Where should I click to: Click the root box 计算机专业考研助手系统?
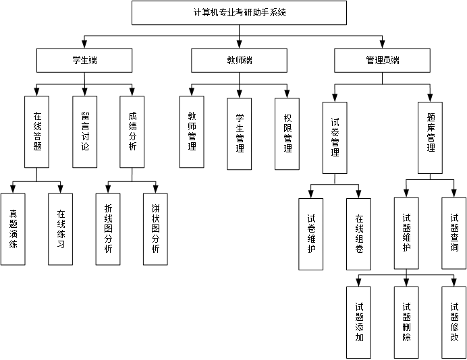point(239,13)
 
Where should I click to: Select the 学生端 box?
point(84,61)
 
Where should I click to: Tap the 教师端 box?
point(240,61)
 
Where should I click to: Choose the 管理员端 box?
point(382,61)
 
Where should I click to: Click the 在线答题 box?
point(37,131)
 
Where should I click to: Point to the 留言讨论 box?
point(85,131)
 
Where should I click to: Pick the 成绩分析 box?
point(132,131)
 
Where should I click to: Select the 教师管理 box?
point(192,131)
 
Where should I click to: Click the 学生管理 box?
point(240,133)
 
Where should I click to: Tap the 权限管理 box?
point(287,133)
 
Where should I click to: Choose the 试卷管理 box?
point(335,138)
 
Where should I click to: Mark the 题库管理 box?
point(431,138)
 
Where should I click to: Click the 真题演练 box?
point(13,229)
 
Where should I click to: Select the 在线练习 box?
point(61,229)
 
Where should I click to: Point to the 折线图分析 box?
point(108,229)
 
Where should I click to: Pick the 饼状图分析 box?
point(156,229)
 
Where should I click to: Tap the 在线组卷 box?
point(358,234)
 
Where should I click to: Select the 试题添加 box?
point(358,322)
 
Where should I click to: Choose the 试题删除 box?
point(406,322)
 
